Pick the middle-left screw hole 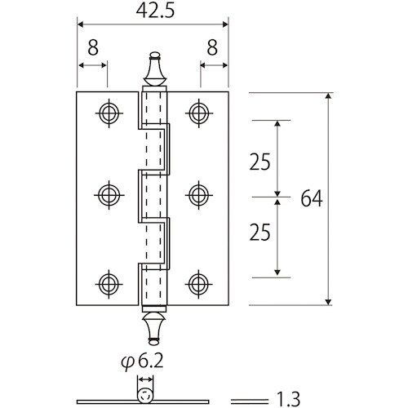tap(109, 194)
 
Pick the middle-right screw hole tap(197, 194)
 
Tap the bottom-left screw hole tap(109, 283)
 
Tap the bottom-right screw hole tap(197, 283)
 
